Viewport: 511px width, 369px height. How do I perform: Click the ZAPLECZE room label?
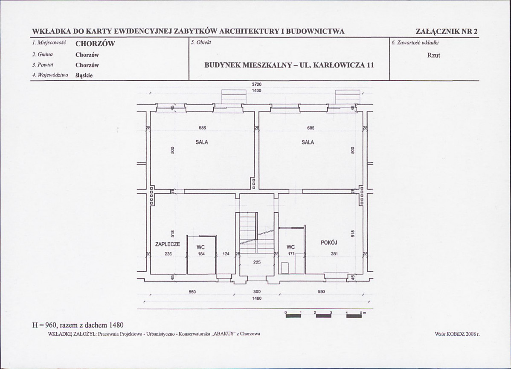click(168, 244)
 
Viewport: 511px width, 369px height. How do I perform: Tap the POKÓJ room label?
click(329, 243)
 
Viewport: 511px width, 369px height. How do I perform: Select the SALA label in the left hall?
click(202, 142)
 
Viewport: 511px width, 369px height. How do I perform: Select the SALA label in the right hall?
click(308, 142)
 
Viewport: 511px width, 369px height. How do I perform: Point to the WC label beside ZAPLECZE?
click(201, 248)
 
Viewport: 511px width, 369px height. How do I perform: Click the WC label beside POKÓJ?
click(291, 247)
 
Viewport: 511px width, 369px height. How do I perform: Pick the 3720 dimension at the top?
click(257, 85)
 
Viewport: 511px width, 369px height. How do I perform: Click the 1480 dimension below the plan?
click(257, 298)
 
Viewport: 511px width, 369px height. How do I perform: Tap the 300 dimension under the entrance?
click(257, 292)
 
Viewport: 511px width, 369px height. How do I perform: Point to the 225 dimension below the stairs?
click(257, 262)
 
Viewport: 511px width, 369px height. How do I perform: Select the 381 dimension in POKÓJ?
click(334, 254)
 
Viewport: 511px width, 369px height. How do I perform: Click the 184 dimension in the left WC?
click(201, 254)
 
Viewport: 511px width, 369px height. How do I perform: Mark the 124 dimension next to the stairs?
click(226, 254)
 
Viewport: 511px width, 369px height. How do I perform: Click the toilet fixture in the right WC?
click(285, 267)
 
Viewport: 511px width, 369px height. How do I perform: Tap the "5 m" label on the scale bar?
click(363, 313)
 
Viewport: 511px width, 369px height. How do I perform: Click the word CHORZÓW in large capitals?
click(95, 44)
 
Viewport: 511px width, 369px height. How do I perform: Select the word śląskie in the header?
click(84, 75)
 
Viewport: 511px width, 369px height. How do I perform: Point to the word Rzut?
click(434, 56)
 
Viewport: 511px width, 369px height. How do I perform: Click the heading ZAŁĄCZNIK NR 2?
click(447, 31)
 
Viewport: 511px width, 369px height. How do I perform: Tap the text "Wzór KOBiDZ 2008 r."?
click(457, 334)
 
